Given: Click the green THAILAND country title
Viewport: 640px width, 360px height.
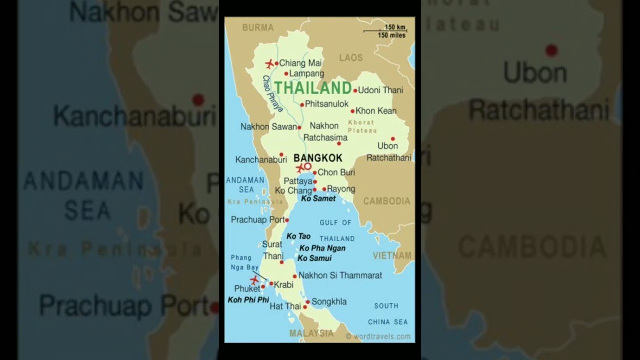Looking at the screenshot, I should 313,88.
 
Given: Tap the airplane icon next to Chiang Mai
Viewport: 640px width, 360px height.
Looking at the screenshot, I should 270,64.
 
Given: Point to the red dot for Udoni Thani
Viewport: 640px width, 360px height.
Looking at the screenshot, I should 355,91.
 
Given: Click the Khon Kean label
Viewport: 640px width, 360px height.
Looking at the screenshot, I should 376,111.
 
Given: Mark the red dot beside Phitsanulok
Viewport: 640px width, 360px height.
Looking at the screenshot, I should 302,105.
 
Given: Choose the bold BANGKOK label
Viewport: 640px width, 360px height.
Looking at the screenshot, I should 318,158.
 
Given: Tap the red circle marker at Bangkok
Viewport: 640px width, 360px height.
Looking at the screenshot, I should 308,166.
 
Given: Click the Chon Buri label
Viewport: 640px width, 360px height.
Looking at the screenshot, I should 336,172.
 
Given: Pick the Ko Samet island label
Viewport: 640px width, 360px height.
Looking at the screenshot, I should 318,198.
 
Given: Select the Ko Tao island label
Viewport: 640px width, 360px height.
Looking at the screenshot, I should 298,236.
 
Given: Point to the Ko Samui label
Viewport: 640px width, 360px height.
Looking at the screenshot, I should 314,258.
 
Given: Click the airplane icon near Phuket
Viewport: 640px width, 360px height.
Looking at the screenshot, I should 254,280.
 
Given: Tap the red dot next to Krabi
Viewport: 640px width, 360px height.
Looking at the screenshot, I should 271,284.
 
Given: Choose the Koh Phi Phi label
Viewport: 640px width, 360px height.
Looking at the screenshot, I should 248,300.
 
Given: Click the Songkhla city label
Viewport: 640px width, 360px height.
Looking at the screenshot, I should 329,302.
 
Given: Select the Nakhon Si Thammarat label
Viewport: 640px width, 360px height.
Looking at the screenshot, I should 340,275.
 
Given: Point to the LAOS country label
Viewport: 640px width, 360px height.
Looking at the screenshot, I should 351,58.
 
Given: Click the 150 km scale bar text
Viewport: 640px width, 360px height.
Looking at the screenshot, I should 395,27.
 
